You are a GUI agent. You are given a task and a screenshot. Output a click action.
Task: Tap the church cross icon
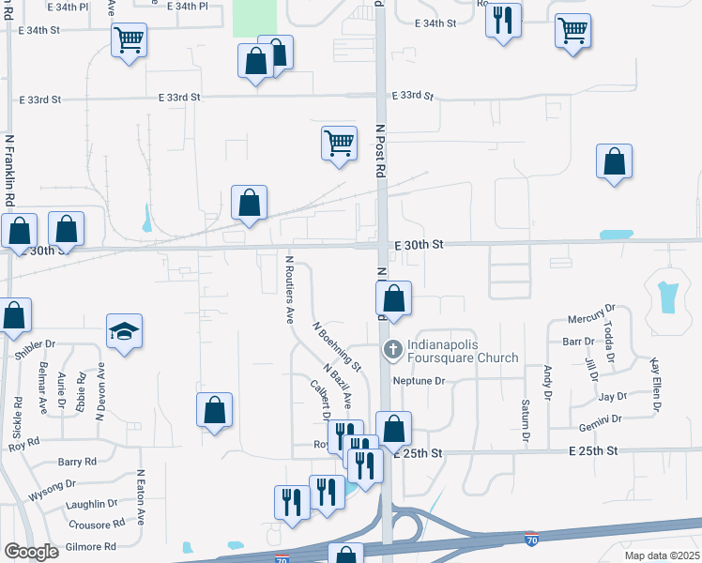pos(393,350)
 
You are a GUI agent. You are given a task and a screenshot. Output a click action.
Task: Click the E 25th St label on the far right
pos(594,451)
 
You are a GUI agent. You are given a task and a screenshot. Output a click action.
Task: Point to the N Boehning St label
pos(337,344)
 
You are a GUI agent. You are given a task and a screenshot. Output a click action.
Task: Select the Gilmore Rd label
pos(90,546)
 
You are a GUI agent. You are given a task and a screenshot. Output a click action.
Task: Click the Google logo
pos(31,552)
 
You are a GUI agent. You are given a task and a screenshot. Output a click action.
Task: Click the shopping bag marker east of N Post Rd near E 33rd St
pos(614,161)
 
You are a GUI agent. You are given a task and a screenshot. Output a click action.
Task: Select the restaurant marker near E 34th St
pos(503,20)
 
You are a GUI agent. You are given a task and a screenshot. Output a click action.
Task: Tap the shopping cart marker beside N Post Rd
pos(339,144)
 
